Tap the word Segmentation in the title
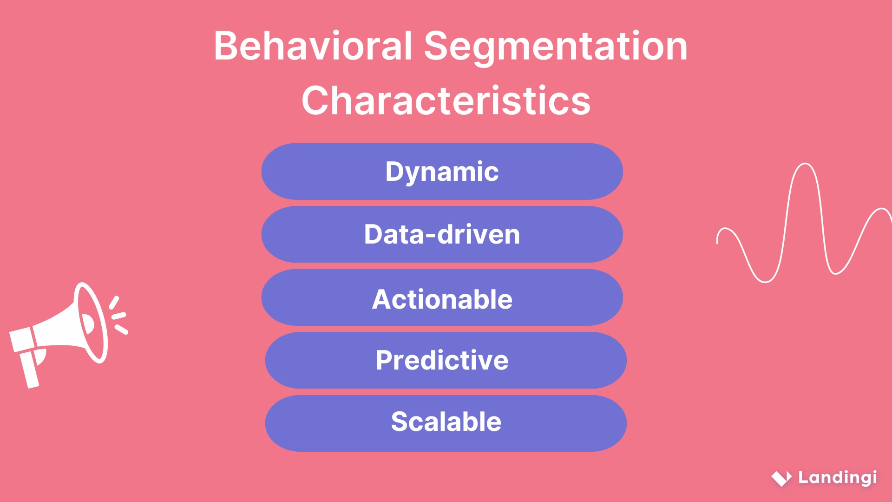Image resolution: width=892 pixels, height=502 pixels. (x=556, y=46)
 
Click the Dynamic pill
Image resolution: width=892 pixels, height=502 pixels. (x=442, y=172)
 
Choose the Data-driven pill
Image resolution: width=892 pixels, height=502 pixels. (x=442, y=234)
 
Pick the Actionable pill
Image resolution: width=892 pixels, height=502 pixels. (x=442, y=297)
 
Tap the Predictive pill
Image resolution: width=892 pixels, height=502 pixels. (x=446, y=360)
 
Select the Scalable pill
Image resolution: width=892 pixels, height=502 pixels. (x=446, y=423)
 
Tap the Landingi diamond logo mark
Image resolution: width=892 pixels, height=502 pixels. (x=781, y=478)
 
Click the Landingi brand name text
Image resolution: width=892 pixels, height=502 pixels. (x=838, y=477)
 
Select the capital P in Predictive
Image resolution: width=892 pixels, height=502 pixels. (x=385, y=360)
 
